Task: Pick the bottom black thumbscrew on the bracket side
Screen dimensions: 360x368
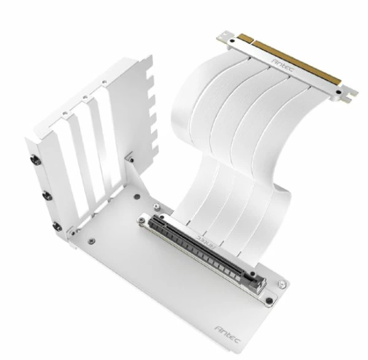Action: coord(58,231)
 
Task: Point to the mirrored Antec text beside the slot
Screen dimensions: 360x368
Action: coord(206,237)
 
